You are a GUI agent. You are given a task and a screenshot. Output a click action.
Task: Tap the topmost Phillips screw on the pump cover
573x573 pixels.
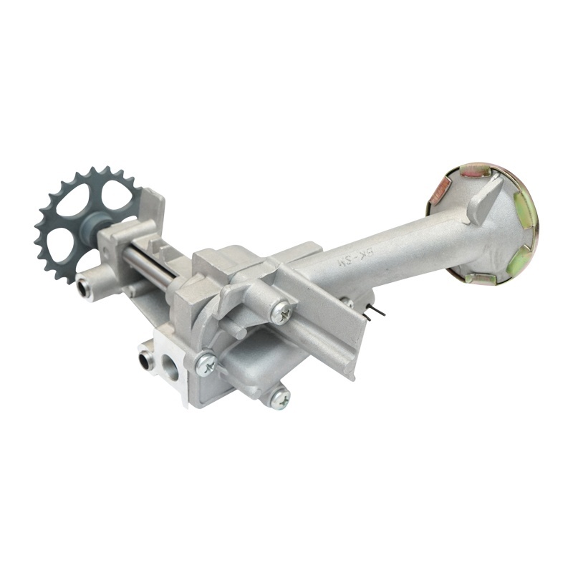pyautogui.click(x=281, y=311)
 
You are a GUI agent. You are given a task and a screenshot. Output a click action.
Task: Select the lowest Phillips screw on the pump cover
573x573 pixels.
pyautogui.click(x=279, y=398)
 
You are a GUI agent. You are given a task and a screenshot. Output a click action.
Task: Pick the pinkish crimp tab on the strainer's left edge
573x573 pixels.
pyautogui.click(x=438, y=191)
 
